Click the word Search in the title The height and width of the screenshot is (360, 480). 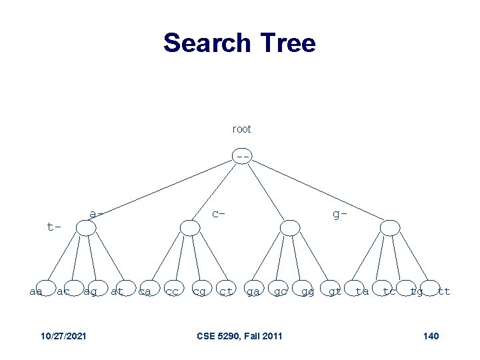tap(203, 43)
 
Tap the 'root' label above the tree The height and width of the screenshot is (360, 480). tap(241, 129)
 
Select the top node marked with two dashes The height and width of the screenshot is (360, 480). tap(243, 157)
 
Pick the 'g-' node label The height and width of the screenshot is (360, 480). tap(340, 214)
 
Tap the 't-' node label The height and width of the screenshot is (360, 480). tap(54, 227)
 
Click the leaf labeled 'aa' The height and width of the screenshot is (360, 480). tap(37, 291)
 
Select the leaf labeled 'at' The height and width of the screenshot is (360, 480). tap(117, 291)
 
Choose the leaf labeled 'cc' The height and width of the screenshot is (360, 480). tap(172, 291)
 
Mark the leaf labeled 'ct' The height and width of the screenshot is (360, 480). tap(227, 291)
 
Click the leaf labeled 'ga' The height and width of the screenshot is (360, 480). tap(253, 291)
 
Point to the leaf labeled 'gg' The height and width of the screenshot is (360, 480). tap(308, 291)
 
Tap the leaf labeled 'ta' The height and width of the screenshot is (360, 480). tap(362, 291)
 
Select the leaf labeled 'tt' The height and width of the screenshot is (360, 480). tap(443, 291)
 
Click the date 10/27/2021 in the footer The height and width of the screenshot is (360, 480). tap(62, 335)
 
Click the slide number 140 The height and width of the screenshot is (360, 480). tap(431, 335)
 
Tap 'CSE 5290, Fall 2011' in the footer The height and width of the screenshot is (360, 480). tap(239, 335)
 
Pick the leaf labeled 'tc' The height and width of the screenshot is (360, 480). tap(389, 291)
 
